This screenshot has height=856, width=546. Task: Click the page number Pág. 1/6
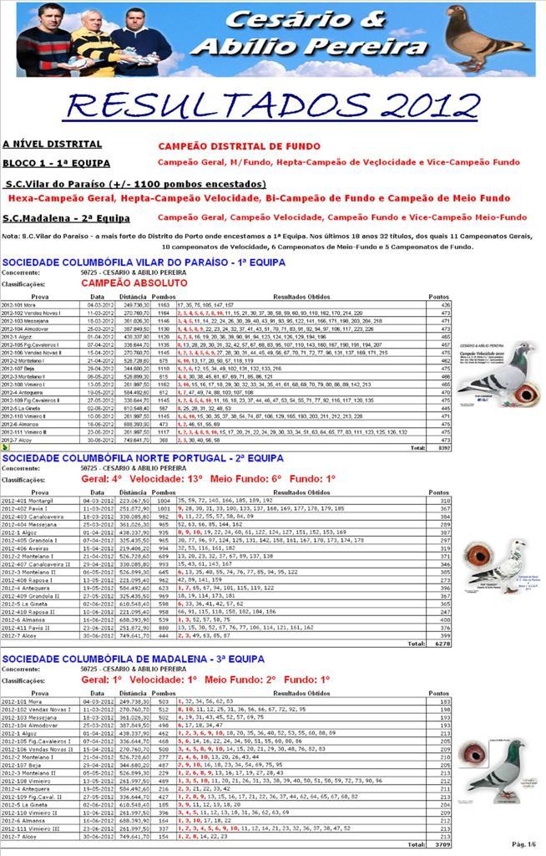(x=523, y=844)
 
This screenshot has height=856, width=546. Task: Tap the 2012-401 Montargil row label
(x=28, y=500)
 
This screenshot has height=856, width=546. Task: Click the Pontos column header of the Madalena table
(x=438, y=693)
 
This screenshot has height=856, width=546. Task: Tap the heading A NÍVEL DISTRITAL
(x=52, y=145)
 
